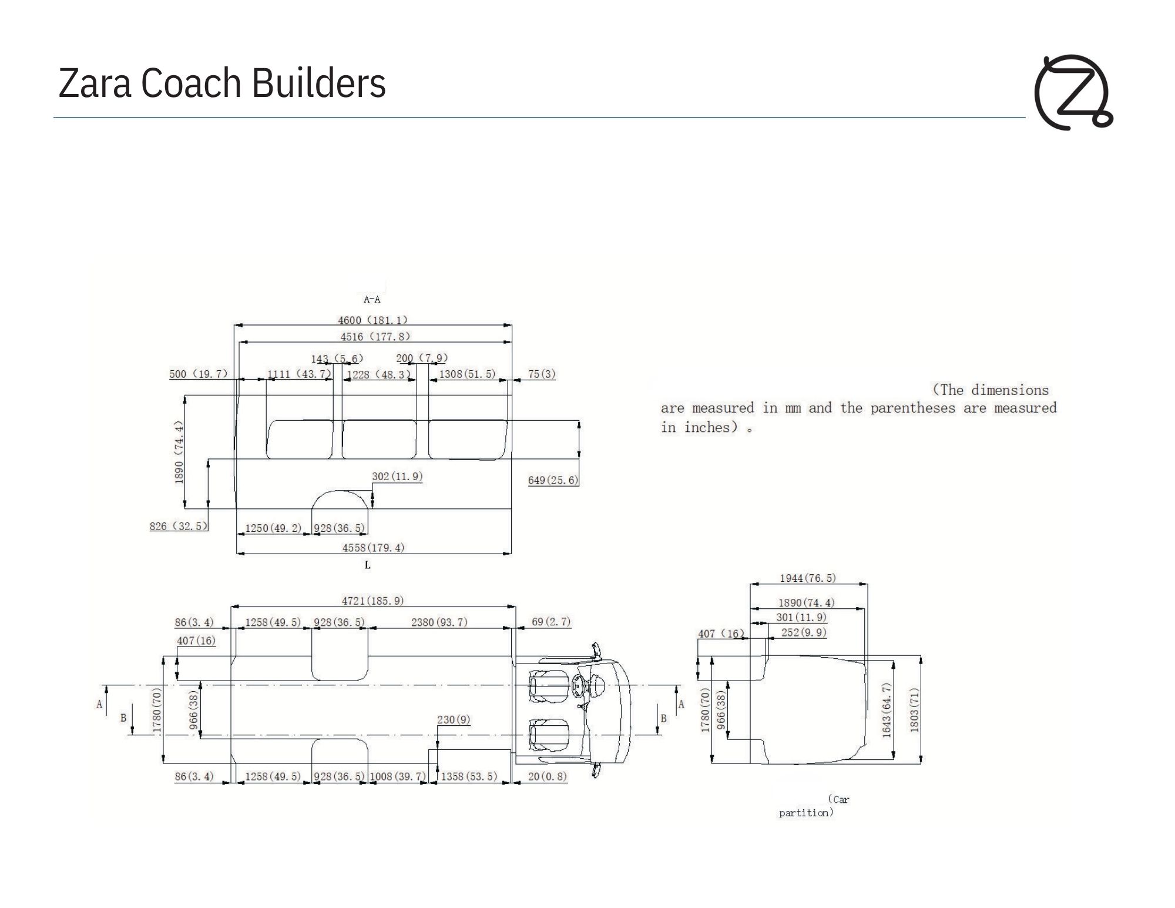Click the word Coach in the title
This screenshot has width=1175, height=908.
click(191, 83)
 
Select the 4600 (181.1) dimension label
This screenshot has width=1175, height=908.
click(372, 320)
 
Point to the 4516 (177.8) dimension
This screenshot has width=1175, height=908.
click(375, 337)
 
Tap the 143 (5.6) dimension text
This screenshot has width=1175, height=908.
click(337, 358)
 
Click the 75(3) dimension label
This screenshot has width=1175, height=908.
click(541, 374)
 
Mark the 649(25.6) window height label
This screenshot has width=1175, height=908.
click(553, 480)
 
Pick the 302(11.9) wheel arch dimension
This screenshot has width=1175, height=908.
click(397, 477)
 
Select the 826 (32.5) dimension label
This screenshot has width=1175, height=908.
click(179, 526)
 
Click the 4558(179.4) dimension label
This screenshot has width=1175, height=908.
click(374, 548)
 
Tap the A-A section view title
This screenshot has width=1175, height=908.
click(372, 300)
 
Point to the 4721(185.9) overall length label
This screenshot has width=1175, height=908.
click(373, 601)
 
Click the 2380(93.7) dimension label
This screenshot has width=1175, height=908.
click(439, 622)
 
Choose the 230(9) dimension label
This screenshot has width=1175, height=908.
click(454, 720)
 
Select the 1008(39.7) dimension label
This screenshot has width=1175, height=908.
click(398, 777)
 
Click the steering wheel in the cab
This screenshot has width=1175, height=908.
click(578, 685)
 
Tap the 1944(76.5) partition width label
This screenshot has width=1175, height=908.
click(808, 578)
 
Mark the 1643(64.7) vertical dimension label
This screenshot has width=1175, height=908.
click(887, 710)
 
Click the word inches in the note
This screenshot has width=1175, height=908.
click(707, 427)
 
